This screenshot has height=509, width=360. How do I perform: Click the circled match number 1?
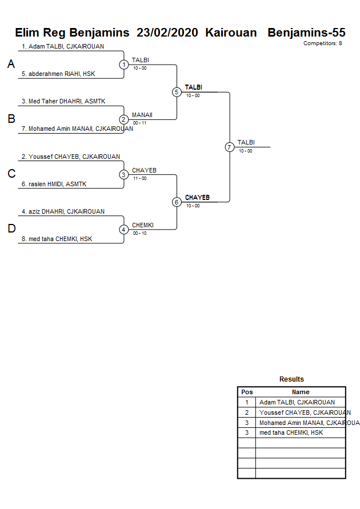pos(124,65)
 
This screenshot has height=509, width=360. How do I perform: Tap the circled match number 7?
pos(229,147)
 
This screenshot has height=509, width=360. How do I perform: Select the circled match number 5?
pos(177,92)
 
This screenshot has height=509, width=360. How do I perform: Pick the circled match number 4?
pos(124,230)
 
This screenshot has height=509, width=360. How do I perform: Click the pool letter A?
pos(11,65)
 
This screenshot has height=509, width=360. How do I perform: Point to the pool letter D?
pos(11,229)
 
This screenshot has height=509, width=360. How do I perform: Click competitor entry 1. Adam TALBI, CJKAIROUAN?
pos(63,46)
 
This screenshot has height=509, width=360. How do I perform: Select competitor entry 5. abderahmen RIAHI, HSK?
pos(58,74)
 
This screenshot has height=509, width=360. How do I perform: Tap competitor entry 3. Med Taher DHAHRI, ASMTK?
pos(63,101)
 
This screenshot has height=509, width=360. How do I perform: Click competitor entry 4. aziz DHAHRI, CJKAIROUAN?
pos(63,211)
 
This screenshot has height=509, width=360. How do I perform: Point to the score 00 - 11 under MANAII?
pos(139,123)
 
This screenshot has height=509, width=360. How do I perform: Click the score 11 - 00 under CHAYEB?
pos(139,178)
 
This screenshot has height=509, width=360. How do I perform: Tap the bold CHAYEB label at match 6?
pos(197,198)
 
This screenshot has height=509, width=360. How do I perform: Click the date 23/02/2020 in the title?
pos(167,33)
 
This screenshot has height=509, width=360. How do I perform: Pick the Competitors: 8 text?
pos(322,43)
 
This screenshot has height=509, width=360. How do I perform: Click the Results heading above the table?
pos(291,379)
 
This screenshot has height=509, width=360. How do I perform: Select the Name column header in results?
pos(301,392)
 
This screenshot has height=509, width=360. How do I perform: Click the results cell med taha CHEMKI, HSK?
pos(291,432)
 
